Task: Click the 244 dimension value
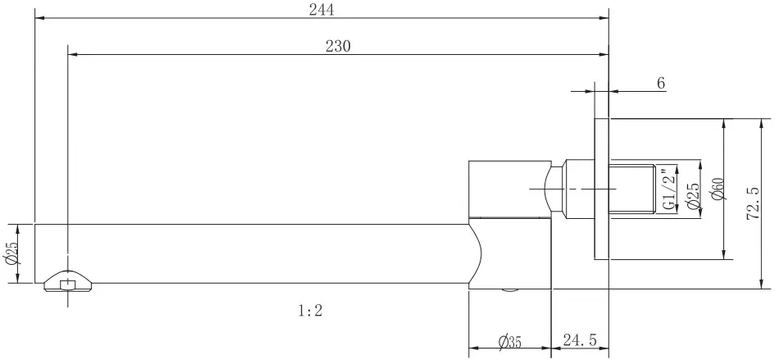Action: pos(321,10)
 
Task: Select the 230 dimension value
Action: pos(338,47)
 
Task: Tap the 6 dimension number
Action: pos(661,83)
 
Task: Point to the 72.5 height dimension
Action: pos(753,203)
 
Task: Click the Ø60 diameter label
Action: pos(718,189)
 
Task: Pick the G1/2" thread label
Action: pos(668,189)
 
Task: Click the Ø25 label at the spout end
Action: pos(11,253)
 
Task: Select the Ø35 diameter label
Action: pos(509,341)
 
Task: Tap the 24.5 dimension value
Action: pos(580,340)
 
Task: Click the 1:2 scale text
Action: pos(310,311)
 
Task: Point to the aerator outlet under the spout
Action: pos(67,281)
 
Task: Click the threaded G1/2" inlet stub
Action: pos(632,189)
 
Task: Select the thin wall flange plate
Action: pos(601,189)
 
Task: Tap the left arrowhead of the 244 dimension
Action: pos(39,18)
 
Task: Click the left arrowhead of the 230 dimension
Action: pos(73,54)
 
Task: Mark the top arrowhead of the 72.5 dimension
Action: pos(760,124)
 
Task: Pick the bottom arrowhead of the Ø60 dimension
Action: pos(724,253)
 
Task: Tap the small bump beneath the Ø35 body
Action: pos(510,291)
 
